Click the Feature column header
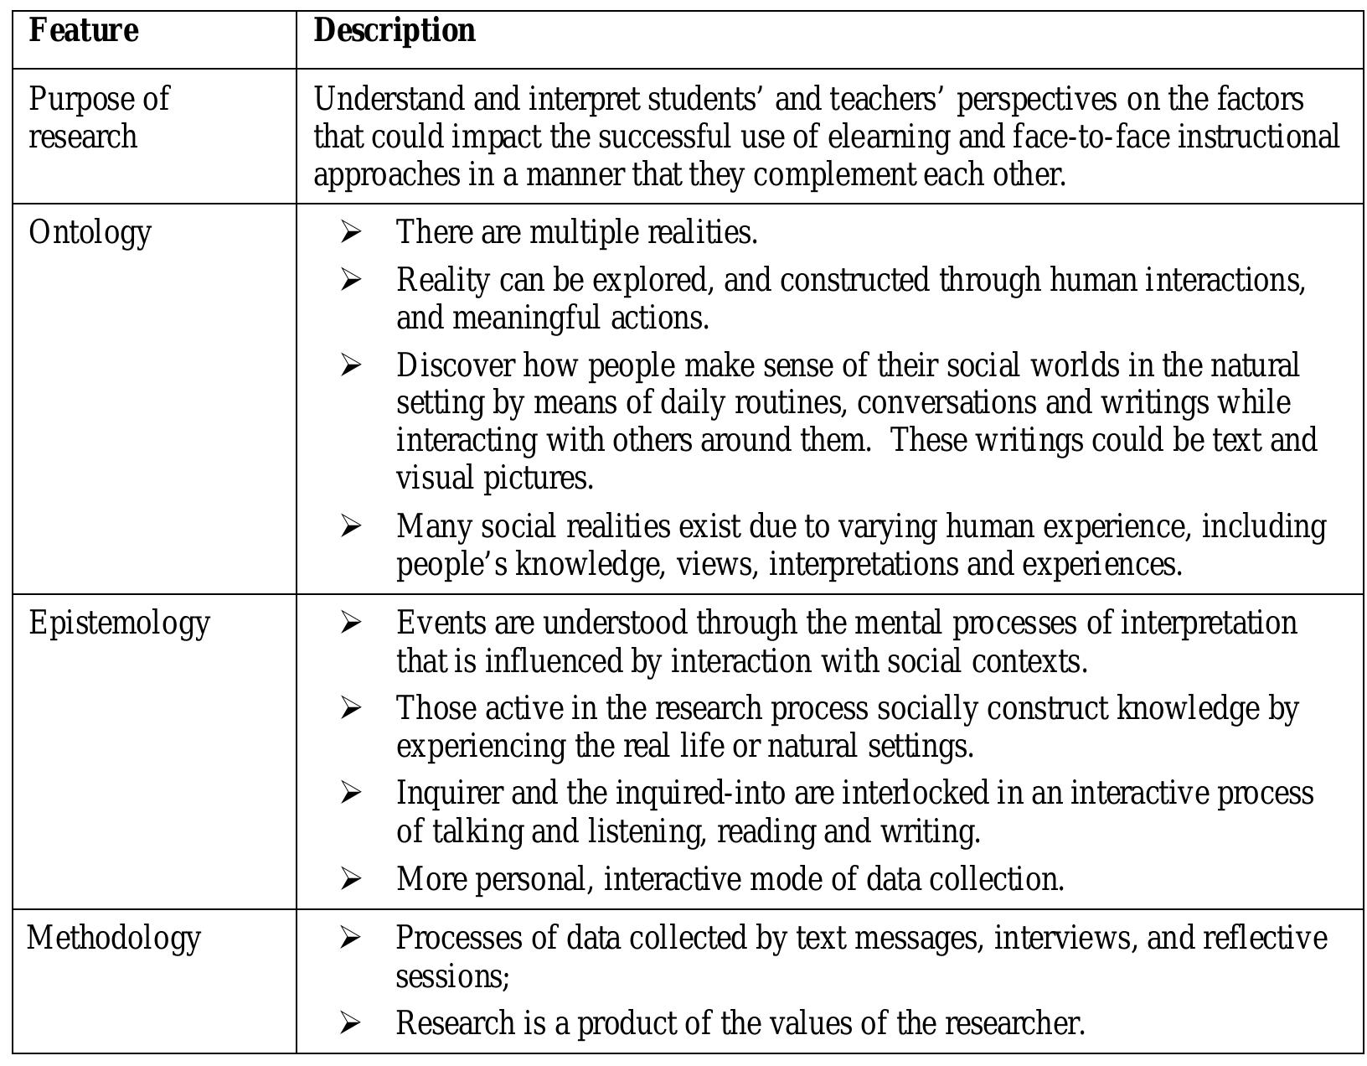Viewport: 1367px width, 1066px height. (x=84, y=31)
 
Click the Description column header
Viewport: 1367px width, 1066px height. (x=395, y=31)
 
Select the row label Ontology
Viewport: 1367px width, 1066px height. (x=90, y=233)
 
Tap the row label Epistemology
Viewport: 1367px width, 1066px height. (x=119, y=624)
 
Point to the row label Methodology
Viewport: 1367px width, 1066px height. (x=114, y=938)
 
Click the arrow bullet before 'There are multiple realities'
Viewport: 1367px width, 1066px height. (x=351, y=232)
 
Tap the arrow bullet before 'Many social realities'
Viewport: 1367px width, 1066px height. (x=351, y=526)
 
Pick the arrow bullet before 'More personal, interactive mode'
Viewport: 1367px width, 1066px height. (x=351, y=879)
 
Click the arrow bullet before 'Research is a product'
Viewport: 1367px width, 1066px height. (x=351, y=1023)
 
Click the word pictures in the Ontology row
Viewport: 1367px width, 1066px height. (x=539, y=479)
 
